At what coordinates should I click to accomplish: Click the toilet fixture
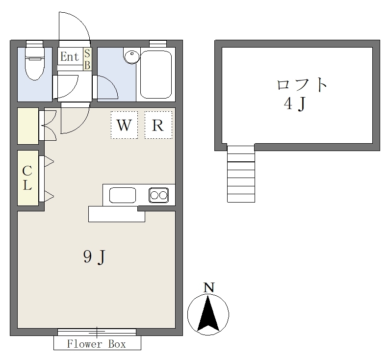[x=35, y=64]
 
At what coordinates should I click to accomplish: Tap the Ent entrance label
[x=70, y=57]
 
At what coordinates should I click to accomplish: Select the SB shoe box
[x=87, y=59]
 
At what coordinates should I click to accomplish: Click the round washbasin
[x=132, y=56]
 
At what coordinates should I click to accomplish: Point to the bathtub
[x=156, y=75]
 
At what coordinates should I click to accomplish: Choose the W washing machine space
[x=124, y=125]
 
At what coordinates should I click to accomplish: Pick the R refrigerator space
[x=158, y=125]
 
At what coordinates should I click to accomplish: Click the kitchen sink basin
[x=123, y=195]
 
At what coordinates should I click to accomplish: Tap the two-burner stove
[x=159, y=195]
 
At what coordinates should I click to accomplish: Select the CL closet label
[x=27, y=178]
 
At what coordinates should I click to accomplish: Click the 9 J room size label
[x=95, y=257]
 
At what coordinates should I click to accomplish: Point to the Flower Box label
[x=97, y=344]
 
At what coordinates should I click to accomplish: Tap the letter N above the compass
[x=209, y=288]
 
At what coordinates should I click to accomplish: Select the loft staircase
[x=241, y=174]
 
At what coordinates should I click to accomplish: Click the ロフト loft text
[x=302, y=85]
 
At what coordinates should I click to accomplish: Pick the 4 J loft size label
[x=294, y=103]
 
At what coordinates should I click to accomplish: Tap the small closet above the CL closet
[x=28, y=126]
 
